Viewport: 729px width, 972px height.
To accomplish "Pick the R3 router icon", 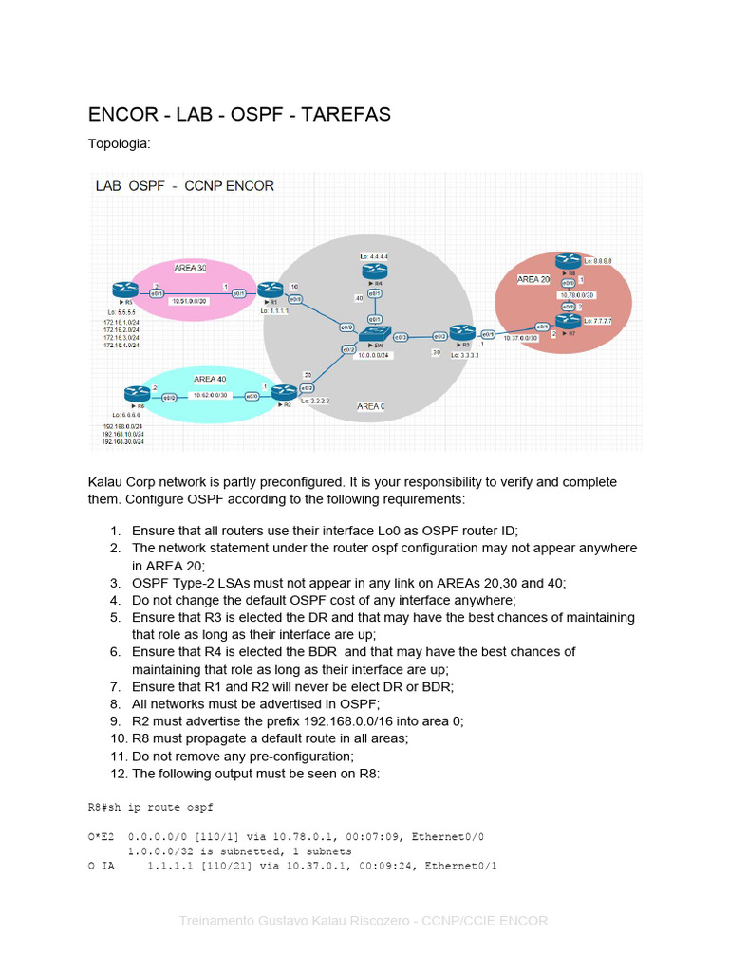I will click(462, 333).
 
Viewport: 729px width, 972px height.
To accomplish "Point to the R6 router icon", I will click(132, 393).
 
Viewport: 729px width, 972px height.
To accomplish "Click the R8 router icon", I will click(569, 260).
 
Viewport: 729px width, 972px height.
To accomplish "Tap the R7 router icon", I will click(569, 322).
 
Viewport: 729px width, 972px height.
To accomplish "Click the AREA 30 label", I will click(191, 269).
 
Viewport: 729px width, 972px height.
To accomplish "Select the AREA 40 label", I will click(210, 379).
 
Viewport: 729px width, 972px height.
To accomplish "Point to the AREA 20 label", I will click(533, 279).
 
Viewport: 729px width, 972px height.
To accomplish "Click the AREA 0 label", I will click(370, 406).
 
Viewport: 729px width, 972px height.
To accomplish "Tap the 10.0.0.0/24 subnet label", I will click(376, 355).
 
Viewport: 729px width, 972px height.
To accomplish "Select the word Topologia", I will click(119, 144).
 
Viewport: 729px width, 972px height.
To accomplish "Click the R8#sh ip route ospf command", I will click(150, 808).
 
